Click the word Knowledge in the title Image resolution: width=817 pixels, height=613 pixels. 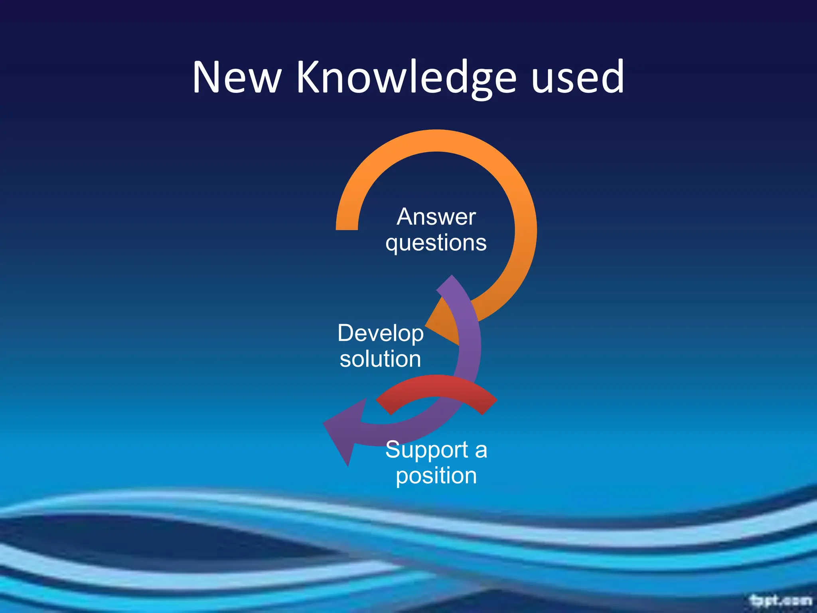pos(406,78)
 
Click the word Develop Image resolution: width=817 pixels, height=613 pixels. pos(381,334)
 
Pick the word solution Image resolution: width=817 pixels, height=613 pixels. pos(380,359)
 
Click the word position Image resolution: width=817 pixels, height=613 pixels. pos(436,476)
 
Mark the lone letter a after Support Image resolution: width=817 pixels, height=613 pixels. pos(481,451)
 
